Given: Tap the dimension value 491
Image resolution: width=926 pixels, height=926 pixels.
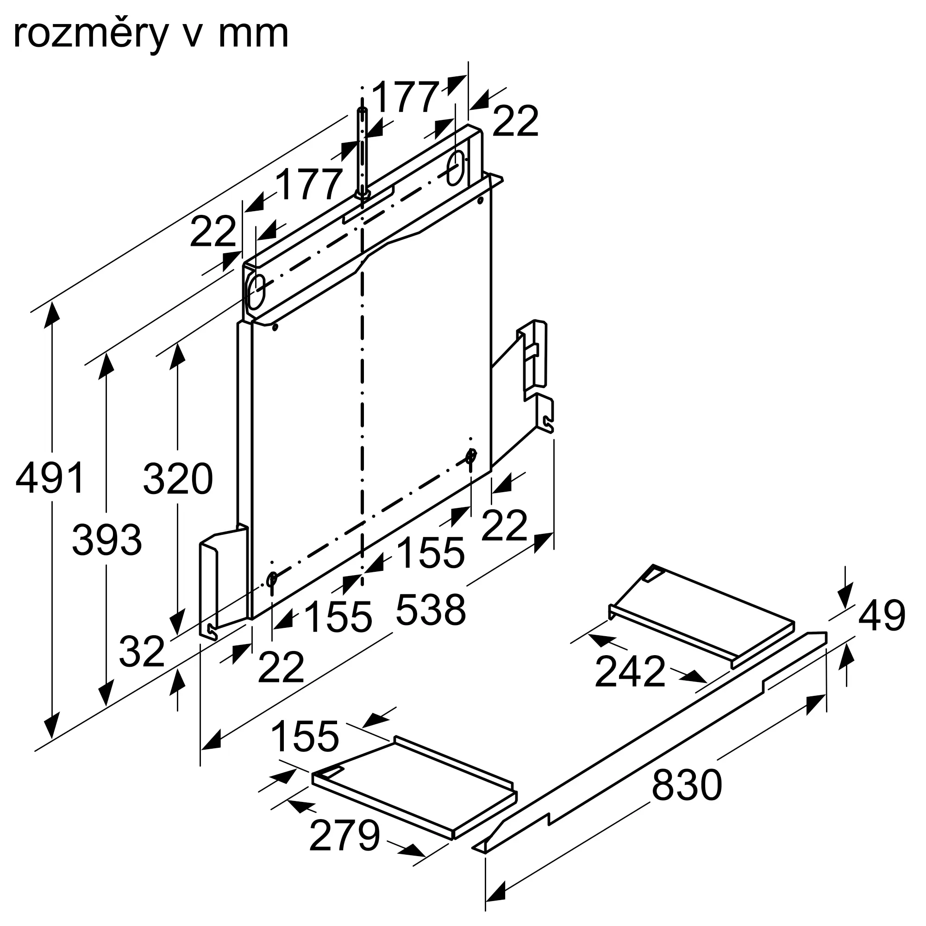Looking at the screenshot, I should point(50,478).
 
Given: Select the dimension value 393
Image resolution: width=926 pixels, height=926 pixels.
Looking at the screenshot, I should point(107,540).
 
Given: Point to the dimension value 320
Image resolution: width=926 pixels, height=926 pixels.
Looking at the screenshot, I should point(178,479).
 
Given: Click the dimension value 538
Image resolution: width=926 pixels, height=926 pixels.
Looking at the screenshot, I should point(431,610).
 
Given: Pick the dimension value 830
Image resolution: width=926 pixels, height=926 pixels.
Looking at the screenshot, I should point(686,785).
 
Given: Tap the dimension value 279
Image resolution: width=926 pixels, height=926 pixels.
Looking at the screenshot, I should point(344,836).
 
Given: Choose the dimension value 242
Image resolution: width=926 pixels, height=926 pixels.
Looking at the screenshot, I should point(630,672).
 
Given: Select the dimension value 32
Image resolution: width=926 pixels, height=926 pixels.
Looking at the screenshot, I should point(141,652).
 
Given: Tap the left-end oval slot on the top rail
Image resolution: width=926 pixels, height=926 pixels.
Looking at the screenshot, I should point(255,292).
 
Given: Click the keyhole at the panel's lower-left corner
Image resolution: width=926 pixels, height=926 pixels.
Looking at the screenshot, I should point(272,580).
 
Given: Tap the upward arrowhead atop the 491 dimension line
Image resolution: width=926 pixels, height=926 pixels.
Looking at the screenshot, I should point(51,314).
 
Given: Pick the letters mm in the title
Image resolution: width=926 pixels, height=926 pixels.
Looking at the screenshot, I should point(253,35).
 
